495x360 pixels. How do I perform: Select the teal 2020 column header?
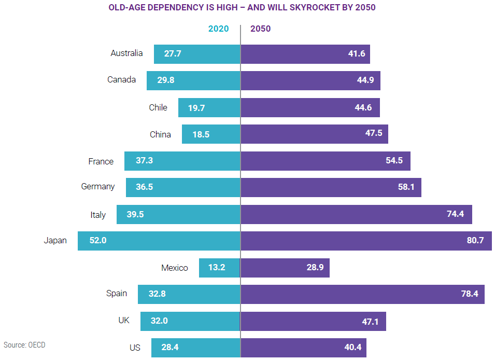pos(218,29)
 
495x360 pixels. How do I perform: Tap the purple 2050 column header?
pos(260,29)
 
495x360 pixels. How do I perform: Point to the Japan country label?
pos(55,241)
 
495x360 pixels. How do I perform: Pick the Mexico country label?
pos(174,268)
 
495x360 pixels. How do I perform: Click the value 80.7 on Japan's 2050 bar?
pos(473,241)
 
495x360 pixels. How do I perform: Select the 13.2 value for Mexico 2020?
pos(217,268)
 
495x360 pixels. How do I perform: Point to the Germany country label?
pos(98,187)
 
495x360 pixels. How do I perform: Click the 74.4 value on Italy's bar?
pos(455,214)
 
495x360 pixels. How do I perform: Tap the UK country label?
pos(124,321)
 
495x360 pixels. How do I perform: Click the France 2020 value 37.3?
pos(144,161)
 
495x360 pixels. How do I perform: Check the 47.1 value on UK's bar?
pos(370,322)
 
